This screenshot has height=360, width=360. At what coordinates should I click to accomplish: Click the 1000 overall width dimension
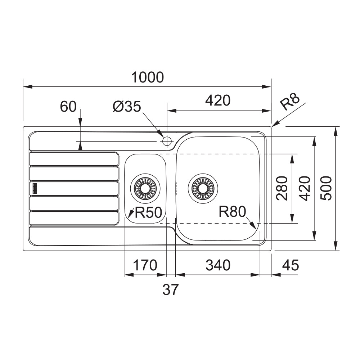click(x=147, y=77)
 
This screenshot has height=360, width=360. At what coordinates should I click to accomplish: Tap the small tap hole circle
click(x=167, y=141)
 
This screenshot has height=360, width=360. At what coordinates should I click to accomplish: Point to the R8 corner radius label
click(x=290, y=103)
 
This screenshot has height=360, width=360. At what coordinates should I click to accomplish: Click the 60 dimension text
click(x=68, y=107)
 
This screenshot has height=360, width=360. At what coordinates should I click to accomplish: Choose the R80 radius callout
click(x=232, y=212)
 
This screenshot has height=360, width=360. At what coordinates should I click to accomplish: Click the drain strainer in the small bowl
click(x=146, y=187)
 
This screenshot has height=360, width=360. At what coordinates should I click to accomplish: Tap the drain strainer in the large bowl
click(x=203, y=187)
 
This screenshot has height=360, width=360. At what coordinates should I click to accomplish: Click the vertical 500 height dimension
click(x=326, y=188)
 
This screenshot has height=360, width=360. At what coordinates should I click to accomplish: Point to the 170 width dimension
click(x=145, y=265)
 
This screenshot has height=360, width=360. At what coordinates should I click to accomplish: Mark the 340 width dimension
click(x=217, y=265)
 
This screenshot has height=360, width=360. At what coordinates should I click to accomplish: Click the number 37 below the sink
click(x=170, y=289)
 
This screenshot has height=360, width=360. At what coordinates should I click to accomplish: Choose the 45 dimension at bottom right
click(x=290, y=265)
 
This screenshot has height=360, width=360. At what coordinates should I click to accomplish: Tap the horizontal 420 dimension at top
click(x=218, y=101)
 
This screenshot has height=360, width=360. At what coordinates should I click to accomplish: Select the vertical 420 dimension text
click(x=304, y=188)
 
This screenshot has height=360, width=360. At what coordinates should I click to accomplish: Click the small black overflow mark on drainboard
click(x=35, y=187)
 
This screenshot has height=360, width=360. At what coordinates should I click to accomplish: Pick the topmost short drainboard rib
click(x=74, y=159)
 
